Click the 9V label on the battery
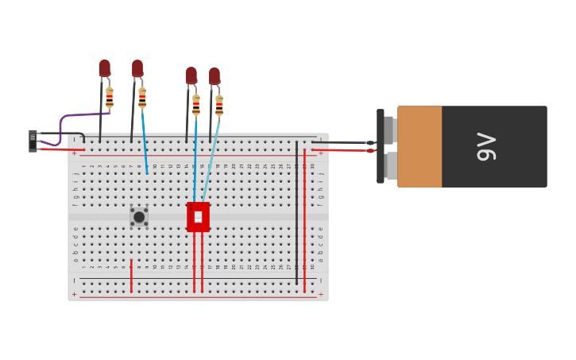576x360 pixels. point(485,147)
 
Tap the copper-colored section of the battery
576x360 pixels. point(419,147)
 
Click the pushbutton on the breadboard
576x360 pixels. point(139,217)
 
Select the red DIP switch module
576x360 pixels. point(198,217)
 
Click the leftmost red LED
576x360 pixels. point(105,68)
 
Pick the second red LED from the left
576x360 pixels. point(137,68)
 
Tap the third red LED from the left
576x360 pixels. point(191,75)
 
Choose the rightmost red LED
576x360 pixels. point(215,76)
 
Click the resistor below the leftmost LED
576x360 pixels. point(110,98)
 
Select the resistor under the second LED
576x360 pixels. point(142,98)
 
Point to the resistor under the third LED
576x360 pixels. point(196,106)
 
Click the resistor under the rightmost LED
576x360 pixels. point(219,106)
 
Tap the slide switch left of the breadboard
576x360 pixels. point(33,141)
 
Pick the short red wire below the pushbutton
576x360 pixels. point(131,275)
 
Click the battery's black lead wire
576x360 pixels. point(342,142)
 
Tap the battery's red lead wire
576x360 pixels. point(342,149)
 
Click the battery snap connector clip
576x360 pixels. point(381,147)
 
